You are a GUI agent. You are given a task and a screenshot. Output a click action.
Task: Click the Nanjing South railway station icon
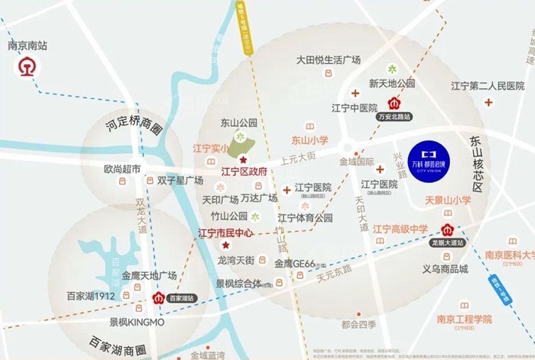[28, 67]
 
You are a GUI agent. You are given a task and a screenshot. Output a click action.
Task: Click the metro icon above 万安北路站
[394, 104]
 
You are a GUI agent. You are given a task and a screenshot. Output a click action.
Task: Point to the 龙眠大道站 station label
[447, 243]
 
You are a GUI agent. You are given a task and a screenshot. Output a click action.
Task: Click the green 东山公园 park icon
[239, 138]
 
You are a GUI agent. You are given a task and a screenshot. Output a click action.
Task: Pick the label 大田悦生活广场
[329, 60]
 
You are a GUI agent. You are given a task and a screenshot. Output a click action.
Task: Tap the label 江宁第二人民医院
[487, 86]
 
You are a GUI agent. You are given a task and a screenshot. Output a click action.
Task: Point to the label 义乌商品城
[444, 269]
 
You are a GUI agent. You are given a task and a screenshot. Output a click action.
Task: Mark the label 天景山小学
[448, 200]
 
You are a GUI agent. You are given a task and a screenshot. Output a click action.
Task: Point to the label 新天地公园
[392, 84]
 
